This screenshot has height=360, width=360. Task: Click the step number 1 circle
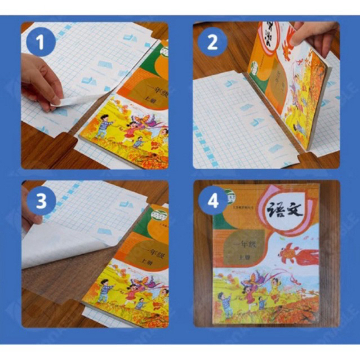[41, 43]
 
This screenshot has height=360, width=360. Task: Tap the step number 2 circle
[212, 43]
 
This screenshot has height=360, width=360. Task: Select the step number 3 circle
[41, 201]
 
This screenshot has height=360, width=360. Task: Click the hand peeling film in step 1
[39, 82]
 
